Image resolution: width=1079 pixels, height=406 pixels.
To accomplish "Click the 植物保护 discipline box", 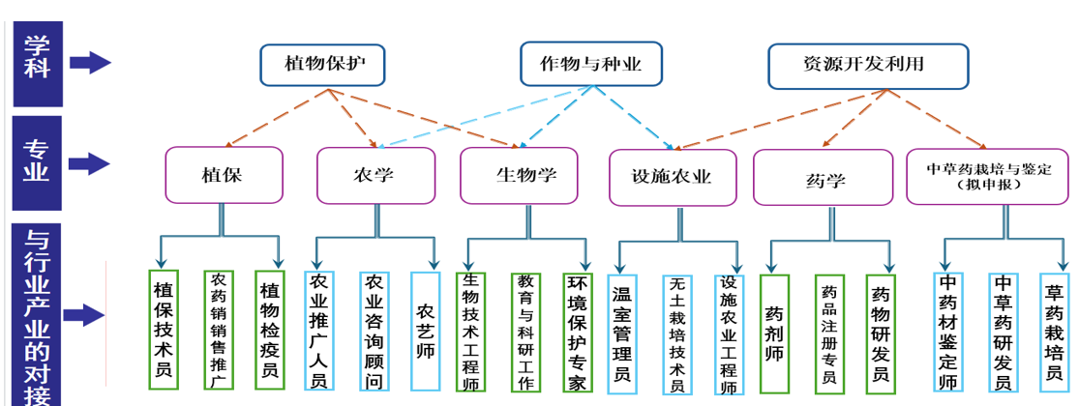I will pos(321,65).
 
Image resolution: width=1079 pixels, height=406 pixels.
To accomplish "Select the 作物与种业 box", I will pos(590,65).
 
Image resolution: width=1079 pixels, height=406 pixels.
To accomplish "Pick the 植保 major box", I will pos(224,175).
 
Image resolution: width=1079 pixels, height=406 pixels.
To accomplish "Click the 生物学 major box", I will pos(521,175).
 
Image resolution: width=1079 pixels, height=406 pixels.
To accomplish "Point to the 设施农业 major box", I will pos(671,177).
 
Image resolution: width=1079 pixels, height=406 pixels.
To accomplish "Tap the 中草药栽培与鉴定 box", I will pos(987,176).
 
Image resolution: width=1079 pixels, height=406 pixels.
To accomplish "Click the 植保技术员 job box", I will pos(165,330).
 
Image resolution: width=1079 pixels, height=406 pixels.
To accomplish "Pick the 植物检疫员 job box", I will pos(270,330).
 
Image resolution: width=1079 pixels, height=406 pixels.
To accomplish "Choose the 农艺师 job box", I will pos(425,330).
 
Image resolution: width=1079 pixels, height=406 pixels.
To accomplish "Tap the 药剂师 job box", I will pos(774,334).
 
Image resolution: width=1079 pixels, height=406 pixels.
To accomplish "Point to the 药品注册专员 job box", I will pos(828,334).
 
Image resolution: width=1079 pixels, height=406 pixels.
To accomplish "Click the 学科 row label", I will pos(37,58).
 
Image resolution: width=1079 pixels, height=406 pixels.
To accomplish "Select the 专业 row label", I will pos(37,161).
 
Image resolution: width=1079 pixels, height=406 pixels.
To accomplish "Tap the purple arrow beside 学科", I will pos(90,63).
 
